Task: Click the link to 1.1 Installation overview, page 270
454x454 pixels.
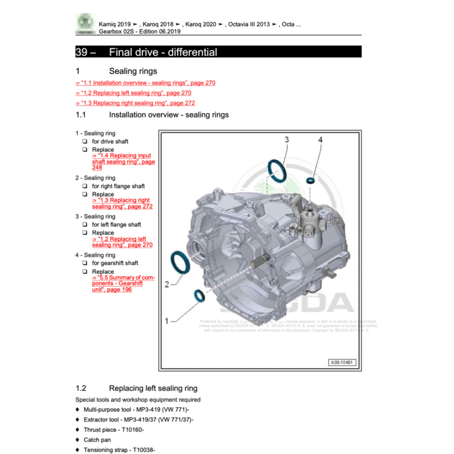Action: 145,83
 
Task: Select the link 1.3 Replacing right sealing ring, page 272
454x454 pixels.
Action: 135,103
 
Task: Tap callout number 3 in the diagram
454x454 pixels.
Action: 286,140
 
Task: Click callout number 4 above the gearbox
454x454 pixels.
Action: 320,140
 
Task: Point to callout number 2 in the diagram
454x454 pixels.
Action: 167,284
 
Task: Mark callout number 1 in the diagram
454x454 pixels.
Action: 167,320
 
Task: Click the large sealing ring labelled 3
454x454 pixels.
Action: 277,172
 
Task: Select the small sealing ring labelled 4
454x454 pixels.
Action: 311,180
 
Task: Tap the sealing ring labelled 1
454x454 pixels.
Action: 198,296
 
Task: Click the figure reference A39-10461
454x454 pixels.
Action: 343,362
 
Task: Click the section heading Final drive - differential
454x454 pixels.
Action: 163,52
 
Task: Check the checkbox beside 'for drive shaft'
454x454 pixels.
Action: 84,142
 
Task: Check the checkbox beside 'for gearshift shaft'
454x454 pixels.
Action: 84,263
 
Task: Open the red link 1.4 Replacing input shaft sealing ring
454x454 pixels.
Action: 123,161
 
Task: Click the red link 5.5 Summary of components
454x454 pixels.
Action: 123,283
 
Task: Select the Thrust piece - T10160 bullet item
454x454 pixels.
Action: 113,429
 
